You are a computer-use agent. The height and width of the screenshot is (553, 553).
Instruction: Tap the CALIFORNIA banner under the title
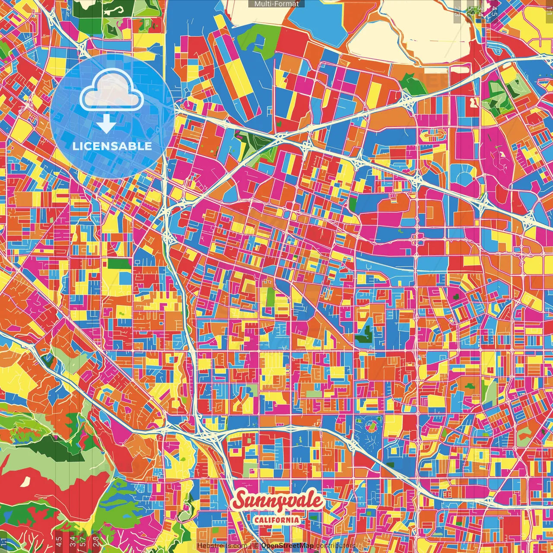tap(276, 520)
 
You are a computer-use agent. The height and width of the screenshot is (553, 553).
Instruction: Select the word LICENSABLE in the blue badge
tap(112, 146)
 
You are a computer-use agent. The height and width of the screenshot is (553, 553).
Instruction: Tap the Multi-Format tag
tap(276, 4)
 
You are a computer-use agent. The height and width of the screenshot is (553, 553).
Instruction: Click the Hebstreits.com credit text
tap(222, 546)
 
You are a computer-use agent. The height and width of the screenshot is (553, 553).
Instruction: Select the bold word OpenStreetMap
tap(287, 546)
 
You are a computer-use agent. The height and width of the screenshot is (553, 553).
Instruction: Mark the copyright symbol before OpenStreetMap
tap(256, 546)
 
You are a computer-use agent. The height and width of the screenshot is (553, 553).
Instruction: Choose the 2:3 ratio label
tap(457, 11)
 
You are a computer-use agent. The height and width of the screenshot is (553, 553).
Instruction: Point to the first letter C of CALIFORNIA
tap(256, 520)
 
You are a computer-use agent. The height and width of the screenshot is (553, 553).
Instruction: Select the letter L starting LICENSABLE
tap(76, 146)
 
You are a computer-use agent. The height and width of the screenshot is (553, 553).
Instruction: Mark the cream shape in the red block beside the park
tap(473, 102)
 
